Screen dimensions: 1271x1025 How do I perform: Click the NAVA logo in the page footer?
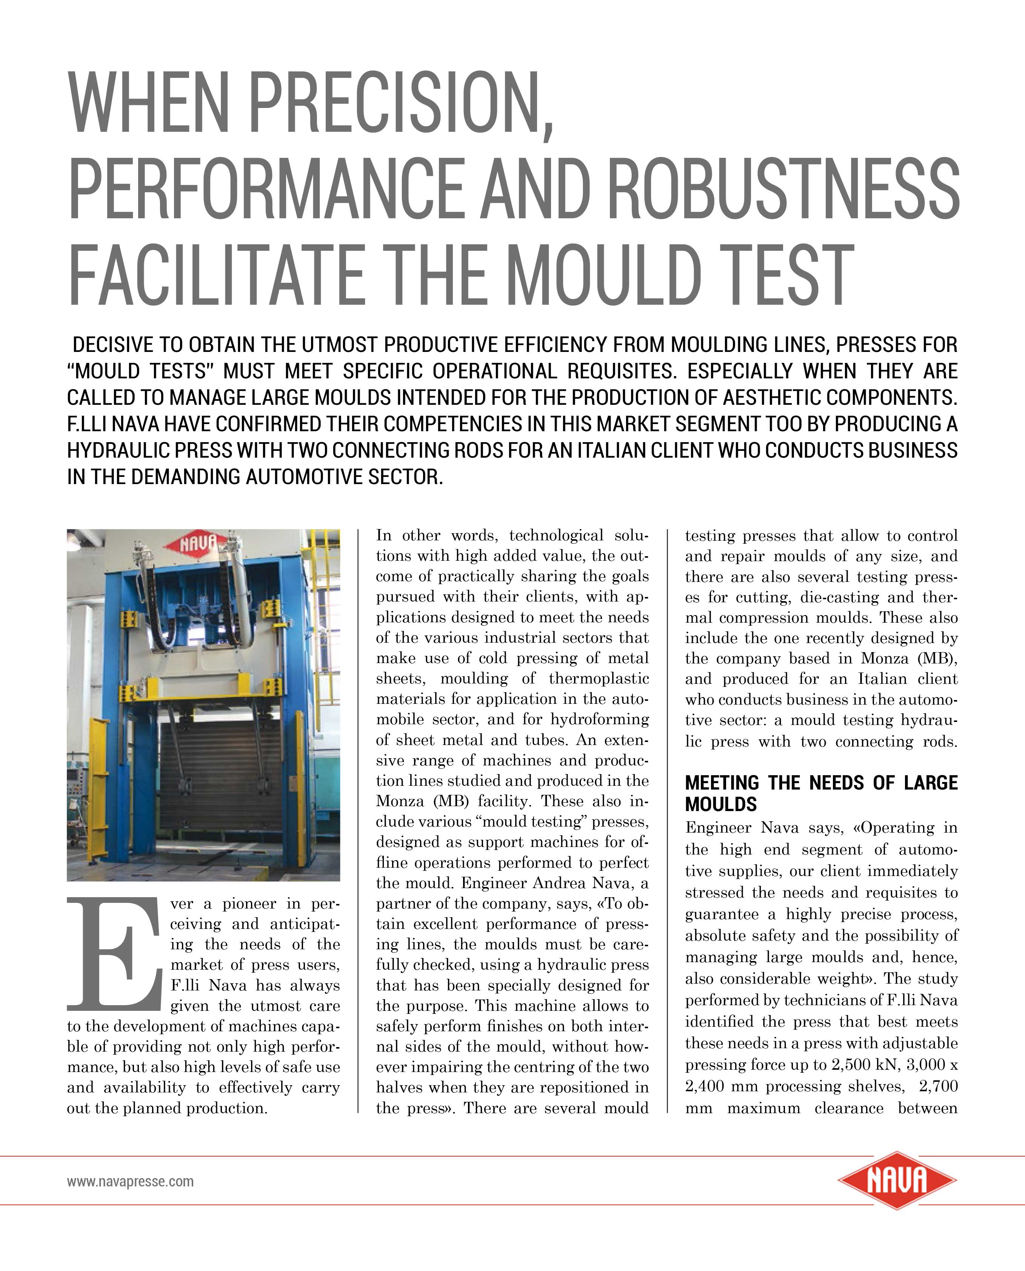[x=897, y=1181]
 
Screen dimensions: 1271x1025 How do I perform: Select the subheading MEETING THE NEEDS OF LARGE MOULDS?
[x=821, y=793]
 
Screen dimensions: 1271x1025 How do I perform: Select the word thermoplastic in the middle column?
[x=599, y=679]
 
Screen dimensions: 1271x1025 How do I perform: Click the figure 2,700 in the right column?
[x=938, y=1086]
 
